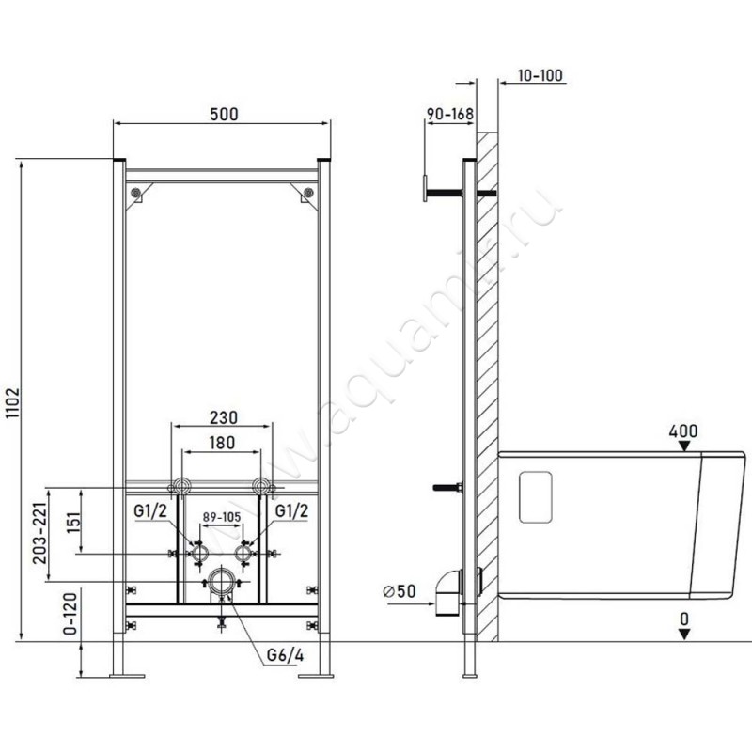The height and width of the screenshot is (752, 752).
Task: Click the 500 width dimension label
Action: tap(224, 114)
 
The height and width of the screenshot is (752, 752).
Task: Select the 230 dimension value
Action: tap(224, 417)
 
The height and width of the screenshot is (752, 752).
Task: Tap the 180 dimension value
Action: tap(222, 443)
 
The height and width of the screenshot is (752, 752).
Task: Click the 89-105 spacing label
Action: tap(222, 517)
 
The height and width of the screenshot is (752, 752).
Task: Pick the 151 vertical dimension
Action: tap(72, 521)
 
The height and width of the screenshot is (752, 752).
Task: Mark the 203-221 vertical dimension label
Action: tap(40, 534)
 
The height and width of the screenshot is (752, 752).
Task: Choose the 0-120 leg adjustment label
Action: tap(70, 615)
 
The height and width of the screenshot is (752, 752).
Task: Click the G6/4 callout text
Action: tap(286, 655)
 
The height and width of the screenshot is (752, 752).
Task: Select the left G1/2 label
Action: tap(150, 510)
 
